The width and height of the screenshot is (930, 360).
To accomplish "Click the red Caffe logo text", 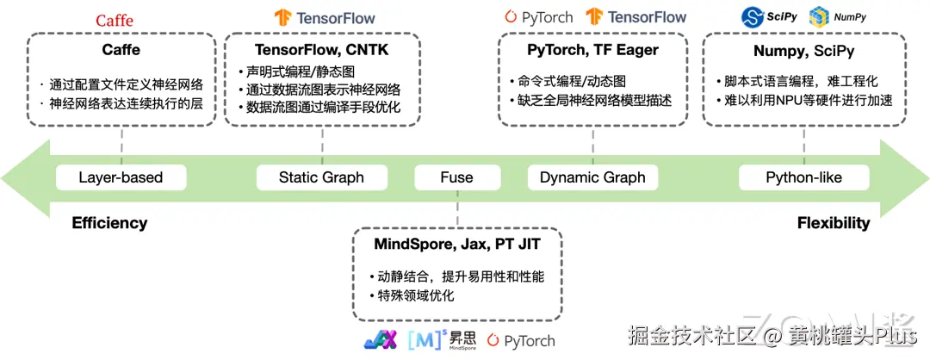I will tap(115, 20).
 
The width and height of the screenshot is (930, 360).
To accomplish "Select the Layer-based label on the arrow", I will tap(121, 177).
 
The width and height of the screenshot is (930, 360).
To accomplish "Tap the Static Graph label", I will tap(321, 177).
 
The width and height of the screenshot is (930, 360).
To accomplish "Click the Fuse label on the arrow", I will tap(456, 177).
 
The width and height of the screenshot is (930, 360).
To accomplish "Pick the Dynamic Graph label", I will tap(592, 177).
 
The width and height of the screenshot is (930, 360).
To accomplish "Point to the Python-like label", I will tap(803, 177).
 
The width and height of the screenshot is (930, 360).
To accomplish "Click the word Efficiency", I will tap(109, 223).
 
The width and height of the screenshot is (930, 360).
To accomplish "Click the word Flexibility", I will tap(833, 223).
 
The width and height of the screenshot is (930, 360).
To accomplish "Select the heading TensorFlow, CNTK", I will tap(322, 49).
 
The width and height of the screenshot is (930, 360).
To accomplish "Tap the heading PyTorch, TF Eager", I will tap(592, 49).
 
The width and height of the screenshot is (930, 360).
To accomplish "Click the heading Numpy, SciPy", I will tap(803, 49).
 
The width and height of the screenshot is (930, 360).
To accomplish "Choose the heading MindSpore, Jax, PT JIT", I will tap(457, 244).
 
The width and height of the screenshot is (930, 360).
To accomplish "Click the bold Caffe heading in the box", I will tap(121, 49).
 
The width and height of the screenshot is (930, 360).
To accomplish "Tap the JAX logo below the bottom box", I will tap(379, 340).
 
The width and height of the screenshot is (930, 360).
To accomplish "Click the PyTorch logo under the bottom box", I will tap(521, 340).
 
